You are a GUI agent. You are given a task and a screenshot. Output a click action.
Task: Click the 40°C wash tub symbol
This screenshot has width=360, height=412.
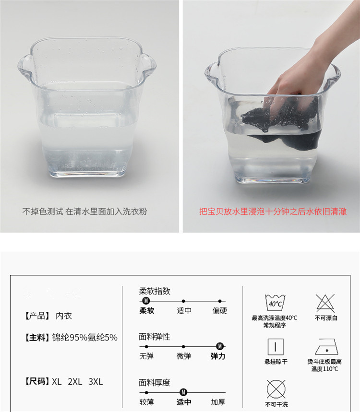275,303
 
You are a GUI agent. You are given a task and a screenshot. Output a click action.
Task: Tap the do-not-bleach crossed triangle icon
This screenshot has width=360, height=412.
325,303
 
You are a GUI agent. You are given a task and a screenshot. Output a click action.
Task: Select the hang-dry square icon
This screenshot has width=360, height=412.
276,347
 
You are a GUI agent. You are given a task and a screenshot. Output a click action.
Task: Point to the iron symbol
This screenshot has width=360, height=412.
326,347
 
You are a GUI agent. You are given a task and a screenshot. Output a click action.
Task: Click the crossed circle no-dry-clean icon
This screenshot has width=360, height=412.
276,389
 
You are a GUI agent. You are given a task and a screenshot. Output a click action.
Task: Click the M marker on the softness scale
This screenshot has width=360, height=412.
146,301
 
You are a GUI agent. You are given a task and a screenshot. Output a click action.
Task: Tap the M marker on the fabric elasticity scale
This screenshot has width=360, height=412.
220,346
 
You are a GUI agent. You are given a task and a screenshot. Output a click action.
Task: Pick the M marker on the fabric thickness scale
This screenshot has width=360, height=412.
183,392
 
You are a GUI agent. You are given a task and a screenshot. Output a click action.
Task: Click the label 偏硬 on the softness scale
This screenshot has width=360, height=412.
219,311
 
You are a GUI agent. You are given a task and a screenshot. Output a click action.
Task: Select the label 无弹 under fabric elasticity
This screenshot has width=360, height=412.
146,356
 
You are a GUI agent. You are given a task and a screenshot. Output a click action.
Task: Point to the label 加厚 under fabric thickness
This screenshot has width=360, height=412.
218,402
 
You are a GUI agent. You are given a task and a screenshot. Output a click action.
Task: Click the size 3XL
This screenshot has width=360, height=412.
96,381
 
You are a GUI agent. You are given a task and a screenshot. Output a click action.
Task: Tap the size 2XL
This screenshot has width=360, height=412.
75,381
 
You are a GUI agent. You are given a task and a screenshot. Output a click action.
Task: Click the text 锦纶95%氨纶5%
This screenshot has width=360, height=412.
84,337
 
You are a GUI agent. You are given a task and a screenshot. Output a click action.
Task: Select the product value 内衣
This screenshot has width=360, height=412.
64,316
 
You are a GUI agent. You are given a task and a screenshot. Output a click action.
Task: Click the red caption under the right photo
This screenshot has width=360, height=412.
273,212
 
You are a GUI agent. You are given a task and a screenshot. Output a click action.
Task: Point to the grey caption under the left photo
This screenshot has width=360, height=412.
84,212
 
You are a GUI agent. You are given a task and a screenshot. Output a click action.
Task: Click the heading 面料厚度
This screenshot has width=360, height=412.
155,383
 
